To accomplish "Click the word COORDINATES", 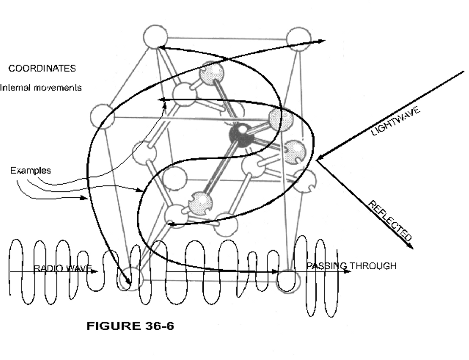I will pyautogui.click(x=42, y=68).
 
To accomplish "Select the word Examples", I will pyautogui.click(x=30, y=171).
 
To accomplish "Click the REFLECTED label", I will pyautogui.click(x=389, y=221).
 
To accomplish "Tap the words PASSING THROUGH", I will pyautogui.click(x=351, y=266).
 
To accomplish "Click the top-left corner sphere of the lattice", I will pyautogui.click(x=155, y=38).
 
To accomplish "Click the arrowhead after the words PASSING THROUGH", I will pyautogui.click(x=348, y=271).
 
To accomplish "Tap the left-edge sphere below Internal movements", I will pyautogui.click(x=103, y=116).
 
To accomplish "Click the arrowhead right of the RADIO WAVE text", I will pyautogui.click(x=96, y=272).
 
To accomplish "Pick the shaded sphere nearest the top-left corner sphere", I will pyautogui.click(x=213, y=72).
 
